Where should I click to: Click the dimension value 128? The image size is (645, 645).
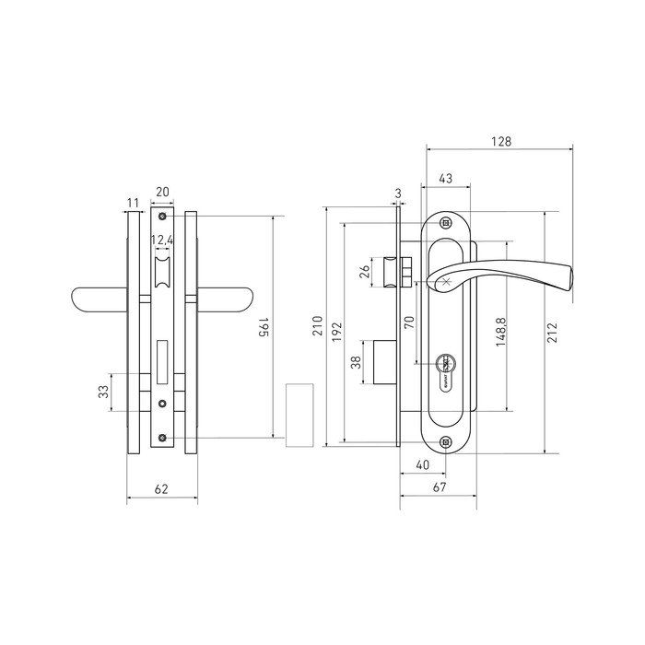[x=501, y=142]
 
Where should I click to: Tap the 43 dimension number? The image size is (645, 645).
[x=445, y=179]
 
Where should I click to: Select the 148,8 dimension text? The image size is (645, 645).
[x=500, y=332]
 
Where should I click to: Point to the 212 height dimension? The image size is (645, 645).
[x=552, y=334]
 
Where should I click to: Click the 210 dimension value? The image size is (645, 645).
[x=318, y=326]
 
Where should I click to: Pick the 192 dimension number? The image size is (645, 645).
[x=336, y=333]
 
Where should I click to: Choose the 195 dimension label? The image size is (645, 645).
[x=264, y=327]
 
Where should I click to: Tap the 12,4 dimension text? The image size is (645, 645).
[x=162, y=240]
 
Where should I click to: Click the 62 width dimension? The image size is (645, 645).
[x=161, y=489]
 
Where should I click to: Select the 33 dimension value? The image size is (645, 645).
[x=103, y=392]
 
